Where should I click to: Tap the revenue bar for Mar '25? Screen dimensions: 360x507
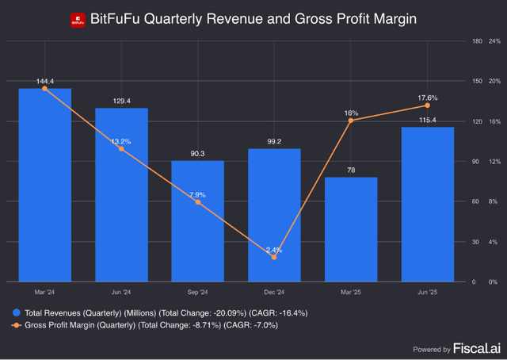(x=351, y=229)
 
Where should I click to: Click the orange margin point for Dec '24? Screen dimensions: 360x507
(x=274, y=257)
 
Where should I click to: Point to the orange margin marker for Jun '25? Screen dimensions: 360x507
(x=428, y=105)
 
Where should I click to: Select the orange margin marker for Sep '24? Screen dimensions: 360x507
(x=197, y=202)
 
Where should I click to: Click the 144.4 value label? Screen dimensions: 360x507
(x=44, y=82)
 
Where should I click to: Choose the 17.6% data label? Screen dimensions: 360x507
(x=428, y=97)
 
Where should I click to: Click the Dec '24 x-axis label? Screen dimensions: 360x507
(x=274, y=292)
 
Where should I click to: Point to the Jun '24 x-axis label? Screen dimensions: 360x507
(x=121, y=292)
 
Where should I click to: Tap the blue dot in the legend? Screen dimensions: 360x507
(x=17, y=312)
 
